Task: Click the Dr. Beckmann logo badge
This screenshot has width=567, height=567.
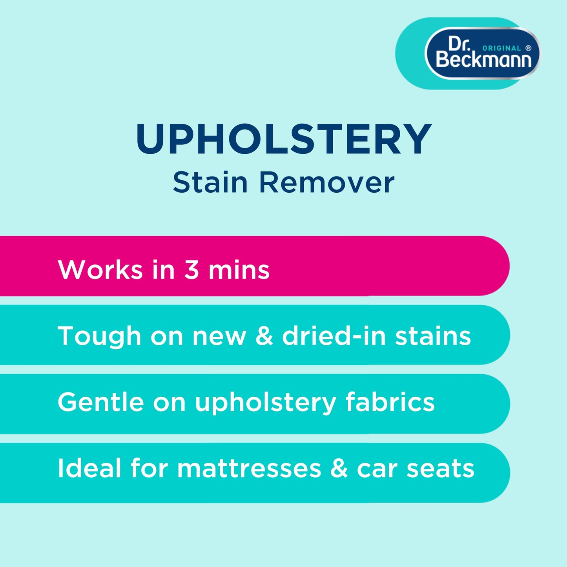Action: point(482,53)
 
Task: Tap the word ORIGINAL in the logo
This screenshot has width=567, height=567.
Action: point(501,48)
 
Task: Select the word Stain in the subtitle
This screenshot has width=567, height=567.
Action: point(210,183)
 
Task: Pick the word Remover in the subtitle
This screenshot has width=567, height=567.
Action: point(326,183)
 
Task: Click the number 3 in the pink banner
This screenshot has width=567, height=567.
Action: point(191,270)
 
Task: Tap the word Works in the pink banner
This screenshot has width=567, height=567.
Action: point(100,270)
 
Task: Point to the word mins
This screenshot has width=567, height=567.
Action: point(239,270)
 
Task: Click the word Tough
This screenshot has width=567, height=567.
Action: point(99,337)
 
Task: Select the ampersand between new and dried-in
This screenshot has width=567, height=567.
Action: point(264,336)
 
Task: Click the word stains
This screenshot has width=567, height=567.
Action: point(433,336)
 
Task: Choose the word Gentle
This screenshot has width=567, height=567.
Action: point(100,402)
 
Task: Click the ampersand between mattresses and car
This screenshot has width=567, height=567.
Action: point(339,468)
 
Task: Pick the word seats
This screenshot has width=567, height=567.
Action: point(440,469)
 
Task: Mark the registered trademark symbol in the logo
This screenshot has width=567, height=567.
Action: point(529,48)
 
